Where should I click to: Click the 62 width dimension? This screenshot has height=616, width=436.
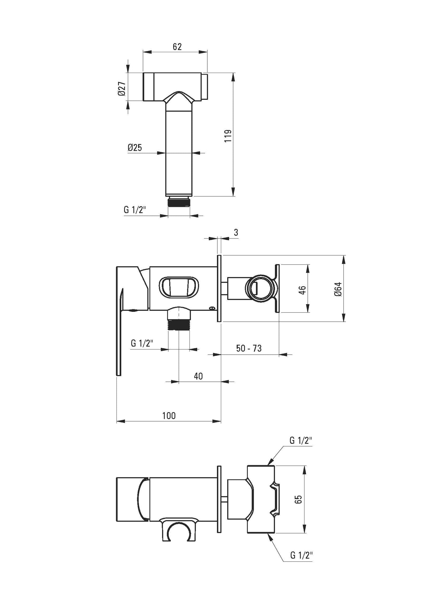pyautogui.click(x=177, y=47)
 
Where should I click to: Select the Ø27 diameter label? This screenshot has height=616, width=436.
pyautogui.click(x=122, y=89)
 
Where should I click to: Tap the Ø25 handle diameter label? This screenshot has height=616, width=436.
pyautogui.click(x=135, y=148)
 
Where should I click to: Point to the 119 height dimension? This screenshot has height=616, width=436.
pyautogui.click(x=228, y=136)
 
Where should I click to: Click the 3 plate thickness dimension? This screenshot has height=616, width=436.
pyautogui.click(x=236, y=232)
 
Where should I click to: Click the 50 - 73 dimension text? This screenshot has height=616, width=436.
pyautogui.click(x=249, y=348)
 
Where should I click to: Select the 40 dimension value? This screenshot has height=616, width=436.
pyautogui.click(x=198, y=376)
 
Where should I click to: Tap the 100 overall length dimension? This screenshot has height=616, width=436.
pyautogui.click(x=169, y=415)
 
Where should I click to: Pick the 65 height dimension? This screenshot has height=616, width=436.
pyautogui.click(x=299, y=500)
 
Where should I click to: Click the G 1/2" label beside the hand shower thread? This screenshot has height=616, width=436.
pyautogui.click(x=135, y=210)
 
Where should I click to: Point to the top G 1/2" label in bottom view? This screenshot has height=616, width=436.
pyautogui.click(x=301, y=441)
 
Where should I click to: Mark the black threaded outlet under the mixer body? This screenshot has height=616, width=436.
pyautogui.click(x=179, y=325)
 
